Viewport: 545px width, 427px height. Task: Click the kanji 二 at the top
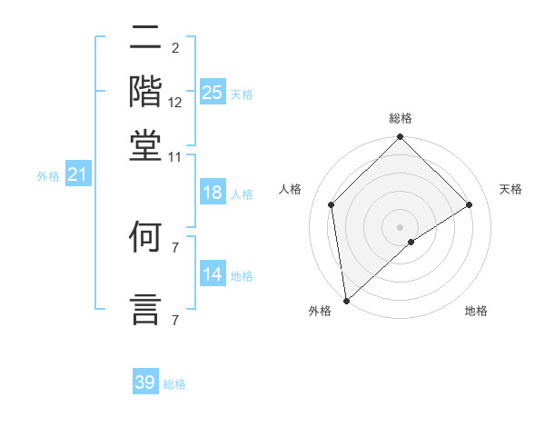coord(145,39)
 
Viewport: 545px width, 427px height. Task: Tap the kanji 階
coord(145,91)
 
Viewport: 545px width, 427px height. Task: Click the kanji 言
coord(145,307)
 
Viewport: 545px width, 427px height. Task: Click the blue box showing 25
coord(213,92)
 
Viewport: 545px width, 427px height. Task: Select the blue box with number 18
coord(213,193)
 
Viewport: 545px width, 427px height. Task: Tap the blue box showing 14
coord(213,274)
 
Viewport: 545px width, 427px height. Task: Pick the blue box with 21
coord(76,174)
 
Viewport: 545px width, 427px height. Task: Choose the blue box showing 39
coord(145,382)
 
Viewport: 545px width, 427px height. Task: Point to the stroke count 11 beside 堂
coord(174,156)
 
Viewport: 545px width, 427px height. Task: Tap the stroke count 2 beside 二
coord(174,48)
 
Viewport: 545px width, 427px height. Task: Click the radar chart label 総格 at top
coord(401,118)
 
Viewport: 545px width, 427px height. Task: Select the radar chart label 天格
coord(510,189)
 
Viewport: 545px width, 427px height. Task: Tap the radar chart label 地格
coord(476,312)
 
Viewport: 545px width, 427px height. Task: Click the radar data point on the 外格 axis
coord(346,301)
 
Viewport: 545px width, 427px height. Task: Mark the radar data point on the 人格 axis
coord(332,204)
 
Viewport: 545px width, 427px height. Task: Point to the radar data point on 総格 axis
coord(401,139)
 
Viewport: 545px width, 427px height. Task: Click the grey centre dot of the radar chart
coord(401,226)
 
